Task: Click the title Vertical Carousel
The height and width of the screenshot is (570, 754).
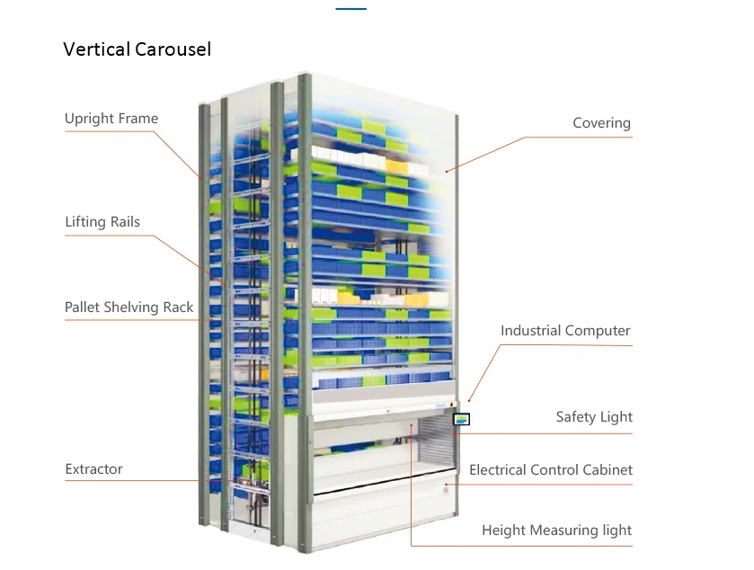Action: tap(137, 49)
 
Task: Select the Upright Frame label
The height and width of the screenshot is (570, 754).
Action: tap(111, 119)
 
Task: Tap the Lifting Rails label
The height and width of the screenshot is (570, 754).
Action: tap(102, 222)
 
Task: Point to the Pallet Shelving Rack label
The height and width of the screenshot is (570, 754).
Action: tap(129, 307)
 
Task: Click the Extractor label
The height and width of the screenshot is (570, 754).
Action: tap(93, 469)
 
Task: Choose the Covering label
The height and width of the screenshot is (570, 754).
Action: tap(601, 123)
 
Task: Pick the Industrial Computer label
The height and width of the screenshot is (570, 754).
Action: tap(565, 331)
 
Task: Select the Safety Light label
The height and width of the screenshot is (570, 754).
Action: tap(594, 417)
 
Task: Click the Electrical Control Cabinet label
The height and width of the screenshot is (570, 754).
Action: tap(550, 470)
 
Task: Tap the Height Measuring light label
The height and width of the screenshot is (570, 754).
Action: tap(556, 530)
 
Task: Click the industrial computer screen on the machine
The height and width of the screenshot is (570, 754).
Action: tap(462, 419)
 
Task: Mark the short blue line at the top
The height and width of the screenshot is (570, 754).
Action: tap(351, 9)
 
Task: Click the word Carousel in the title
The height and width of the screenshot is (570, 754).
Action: tap(173, 49)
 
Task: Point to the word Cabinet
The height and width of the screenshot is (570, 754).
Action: tap(606, 470)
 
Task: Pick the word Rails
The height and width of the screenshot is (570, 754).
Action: tap(123, 222)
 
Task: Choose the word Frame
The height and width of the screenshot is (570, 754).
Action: tap(137, 119)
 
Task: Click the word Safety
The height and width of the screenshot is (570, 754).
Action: tap(576, 417)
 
